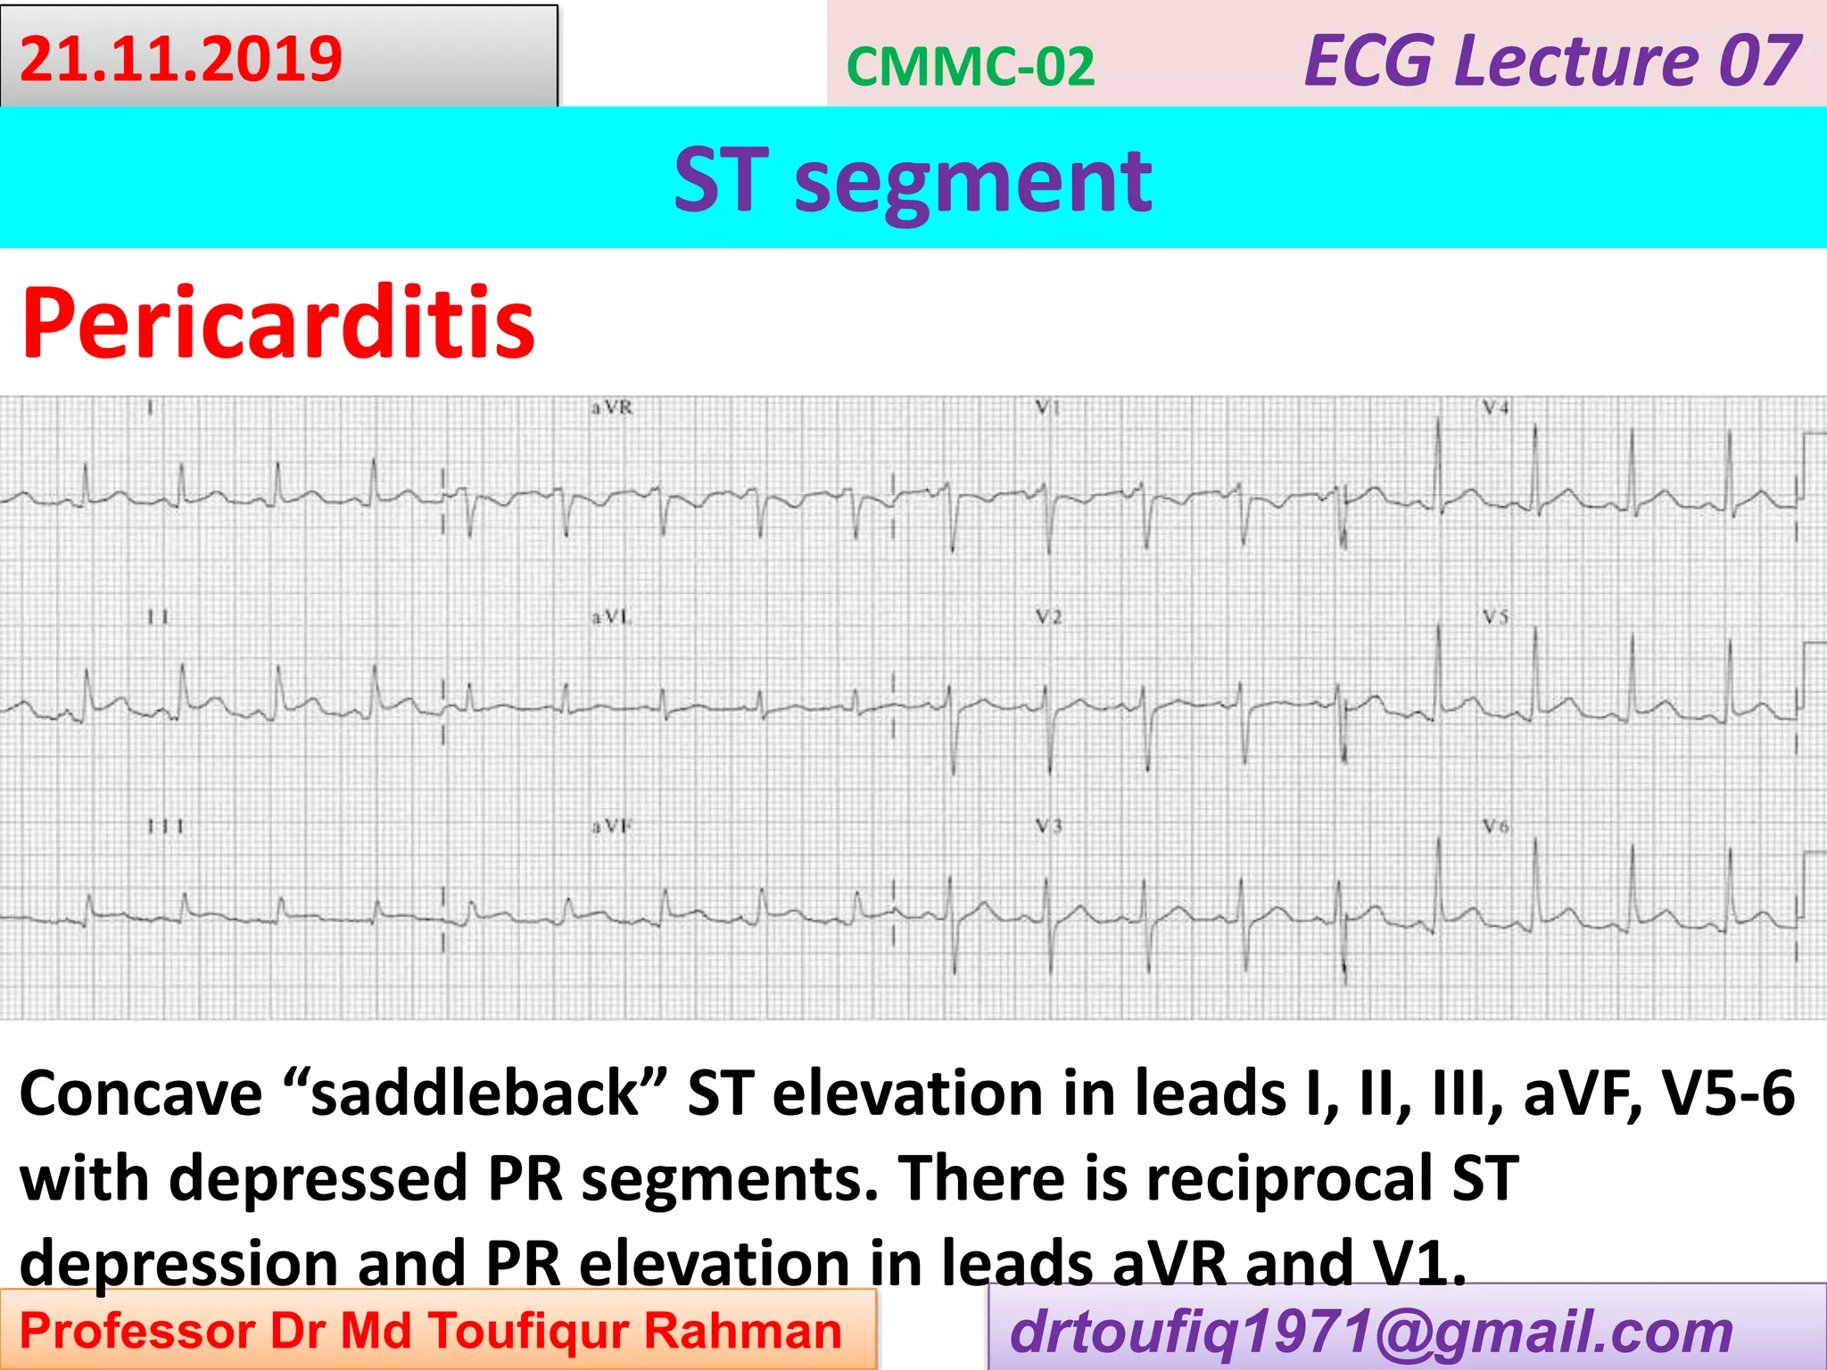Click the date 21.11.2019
181,59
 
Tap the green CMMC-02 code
970,67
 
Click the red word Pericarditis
277,323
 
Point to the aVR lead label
611,408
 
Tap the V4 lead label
1496,408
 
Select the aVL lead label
611,616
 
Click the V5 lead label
1496,616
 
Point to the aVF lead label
611,827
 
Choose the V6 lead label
1496,827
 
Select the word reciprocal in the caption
1290,1178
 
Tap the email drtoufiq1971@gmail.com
1371,1332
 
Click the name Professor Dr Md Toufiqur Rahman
431,1331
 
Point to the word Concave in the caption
141,1094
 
